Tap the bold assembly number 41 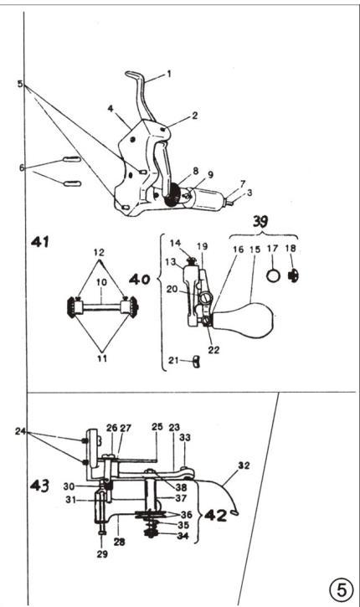(x=40, y=242)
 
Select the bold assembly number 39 (x=261, y=222)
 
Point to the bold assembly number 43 (x=40, y=485)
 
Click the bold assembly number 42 (x=215, y=515)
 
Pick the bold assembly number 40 (x=139, y=279)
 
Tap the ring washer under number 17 (x=273, y=275)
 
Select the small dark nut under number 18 (x=294, y=275)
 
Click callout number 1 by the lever (x=168, y=73)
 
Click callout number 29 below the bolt (x=102, y=554)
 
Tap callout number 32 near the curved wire (x=244, y=466)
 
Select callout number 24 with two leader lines (x=21, y=430)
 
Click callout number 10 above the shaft (x=101, y=283)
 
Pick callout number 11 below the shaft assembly (x=102, y=358)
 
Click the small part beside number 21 (x=196, y=362)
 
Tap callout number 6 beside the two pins (x=22, y=167)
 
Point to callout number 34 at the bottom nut (x=183, y=536)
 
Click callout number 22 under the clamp (x=213, y=350)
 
